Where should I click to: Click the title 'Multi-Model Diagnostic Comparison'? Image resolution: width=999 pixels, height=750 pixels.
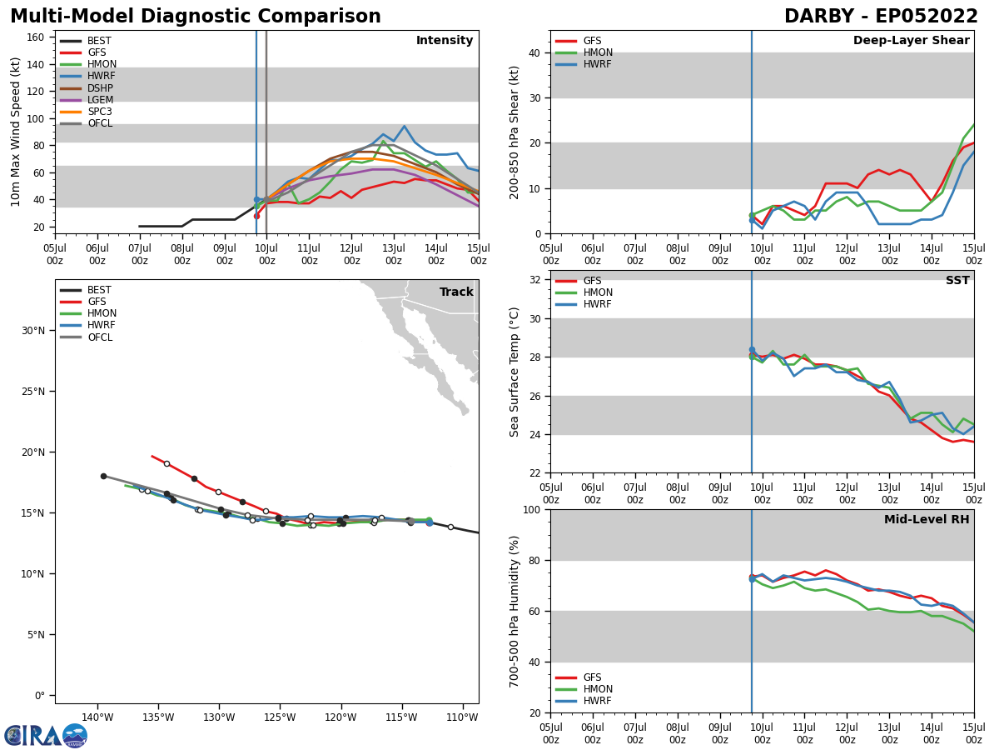196,17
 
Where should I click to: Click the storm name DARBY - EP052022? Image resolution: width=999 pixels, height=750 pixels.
881,17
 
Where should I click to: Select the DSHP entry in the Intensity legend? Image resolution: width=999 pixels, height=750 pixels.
100,88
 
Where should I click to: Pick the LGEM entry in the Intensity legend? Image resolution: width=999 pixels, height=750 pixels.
100,100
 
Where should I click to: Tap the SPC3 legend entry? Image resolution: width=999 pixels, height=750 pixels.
100,112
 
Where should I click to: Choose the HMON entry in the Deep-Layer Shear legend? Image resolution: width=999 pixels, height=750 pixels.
597,52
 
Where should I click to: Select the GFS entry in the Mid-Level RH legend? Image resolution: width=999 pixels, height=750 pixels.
592,677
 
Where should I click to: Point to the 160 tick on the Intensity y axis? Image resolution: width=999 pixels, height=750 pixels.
36,37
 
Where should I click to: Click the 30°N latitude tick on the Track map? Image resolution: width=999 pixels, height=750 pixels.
34,331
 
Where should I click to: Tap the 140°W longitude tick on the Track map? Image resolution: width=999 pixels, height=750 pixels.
97,717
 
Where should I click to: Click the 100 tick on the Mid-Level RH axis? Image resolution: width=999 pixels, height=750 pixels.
534,509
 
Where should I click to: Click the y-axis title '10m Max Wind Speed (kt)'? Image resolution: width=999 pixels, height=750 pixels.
17,132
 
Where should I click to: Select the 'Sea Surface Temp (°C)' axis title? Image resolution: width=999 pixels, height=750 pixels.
514,372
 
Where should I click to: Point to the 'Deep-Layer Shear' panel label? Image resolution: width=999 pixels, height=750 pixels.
911,41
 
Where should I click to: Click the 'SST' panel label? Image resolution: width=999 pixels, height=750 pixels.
957,281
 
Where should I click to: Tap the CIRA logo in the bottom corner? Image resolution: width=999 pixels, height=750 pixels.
45,736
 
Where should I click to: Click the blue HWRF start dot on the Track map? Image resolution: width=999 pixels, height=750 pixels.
430,522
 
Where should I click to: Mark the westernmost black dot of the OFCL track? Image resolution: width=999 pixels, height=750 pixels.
103,477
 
